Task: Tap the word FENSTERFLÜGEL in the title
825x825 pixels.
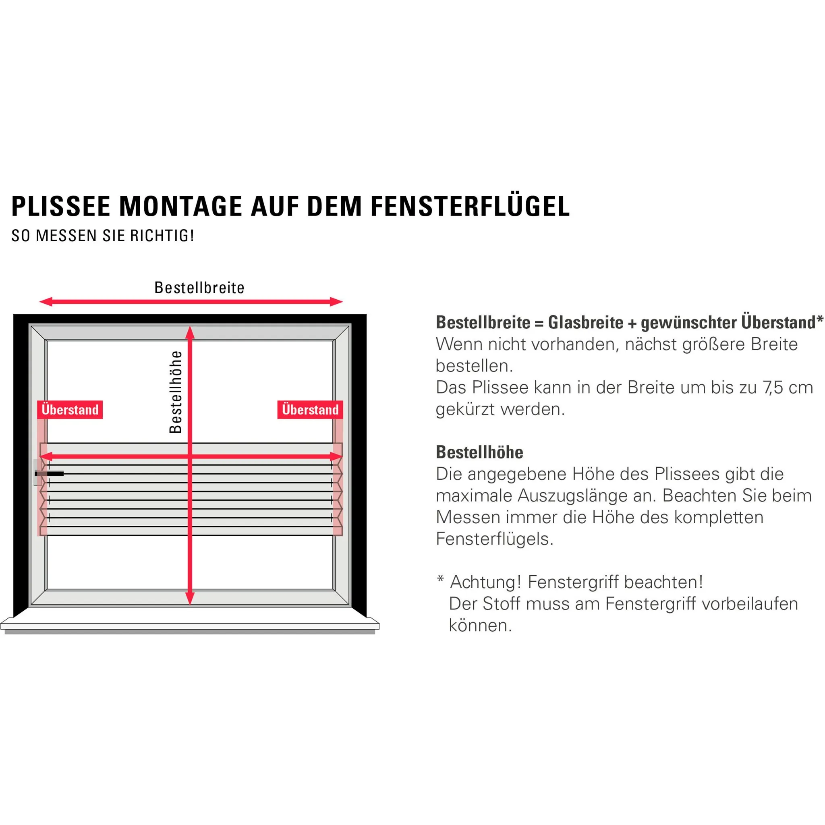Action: click(470, 207)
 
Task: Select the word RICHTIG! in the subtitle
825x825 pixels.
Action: click(162, 236)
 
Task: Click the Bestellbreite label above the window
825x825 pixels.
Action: click(199, 288)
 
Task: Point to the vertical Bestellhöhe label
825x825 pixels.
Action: click(176, 392)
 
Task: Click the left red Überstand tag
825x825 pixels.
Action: click(70, 410)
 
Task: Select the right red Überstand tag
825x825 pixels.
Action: click(310, 410)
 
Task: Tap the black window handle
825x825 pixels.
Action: click(50, 474)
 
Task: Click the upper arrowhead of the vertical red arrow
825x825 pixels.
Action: click(190, 333)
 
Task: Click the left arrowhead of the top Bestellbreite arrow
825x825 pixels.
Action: click(45, 302)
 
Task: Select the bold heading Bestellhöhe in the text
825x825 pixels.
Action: click(479, 452)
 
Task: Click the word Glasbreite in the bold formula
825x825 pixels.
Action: click(586, 323)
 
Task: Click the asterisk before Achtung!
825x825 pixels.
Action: click(440, 579)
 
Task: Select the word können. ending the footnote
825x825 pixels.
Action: click(480, 626)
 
